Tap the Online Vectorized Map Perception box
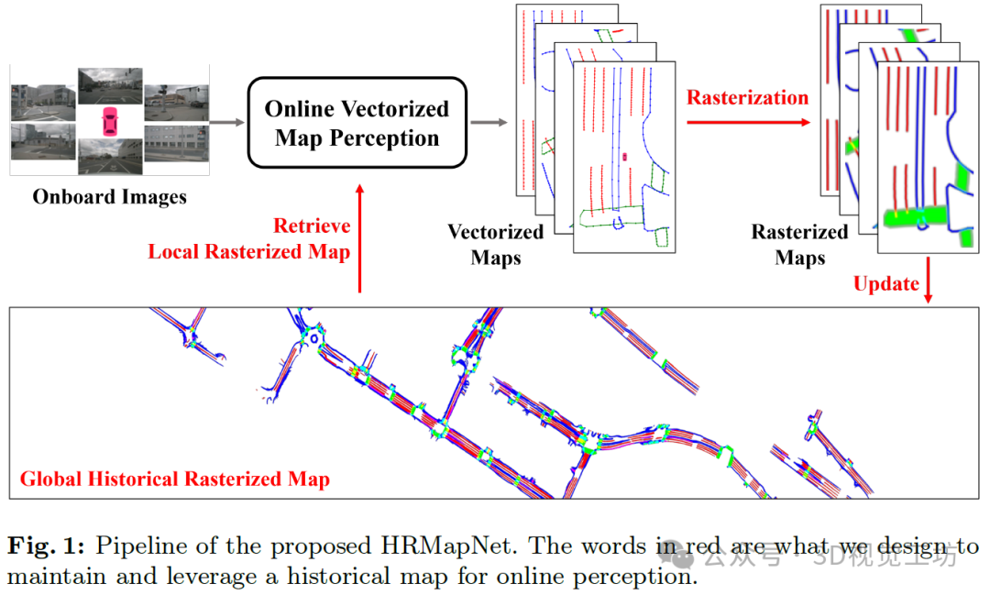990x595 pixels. pyautogui.click(x=357, y=123)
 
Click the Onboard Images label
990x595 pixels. pyautogui.click(x=110, y=196)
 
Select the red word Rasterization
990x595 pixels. pyautogui.click(x=748, y=97)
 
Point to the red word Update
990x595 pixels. pyautogui.click(x=885, y=283)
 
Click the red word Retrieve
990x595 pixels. pyautogui.click(x=312, y=226)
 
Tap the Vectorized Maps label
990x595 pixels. pyautogui.click(x=496, y=244)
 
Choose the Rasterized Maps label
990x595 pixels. pyautogui.click(x=799, y=244)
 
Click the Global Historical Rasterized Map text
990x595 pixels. pyautogui.click(x=175, y=479)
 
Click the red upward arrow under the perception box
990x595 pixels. pyautogui.click(x=360, y=237)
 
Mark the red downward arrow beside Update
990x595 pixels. pyautogui.click(x=930, y=279)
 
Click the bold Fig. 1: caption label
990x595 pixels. pyautogui.click(x=46, y=547)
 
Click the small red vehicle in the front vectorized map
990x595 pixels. pyautogui.click(x=625, y=157)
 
